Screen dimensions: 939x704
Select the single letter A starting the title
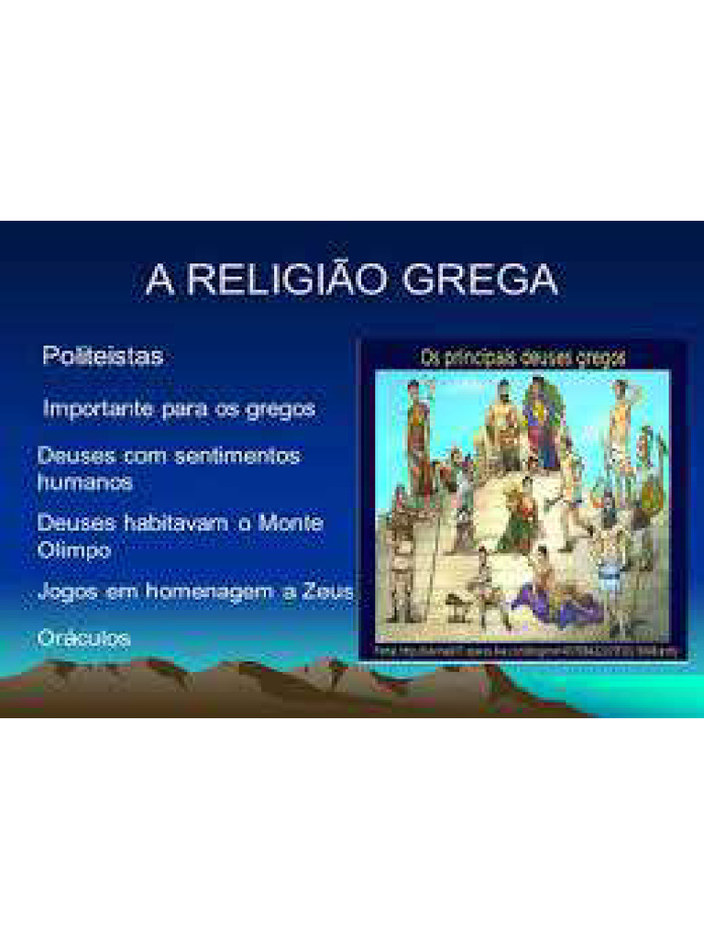tap(159, 280)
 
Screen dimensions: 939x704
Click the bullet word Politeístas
tap(103, 356)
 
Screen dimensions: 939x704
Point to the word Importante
tap(100, 409)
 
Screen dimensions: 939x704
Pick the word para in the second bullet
tap(184, 409)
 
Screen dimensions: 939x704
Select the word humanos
tap(85, 481)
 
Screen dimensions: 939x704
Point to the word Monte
tap(291, 524)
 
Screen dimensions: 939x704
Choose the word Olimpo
tap(74, 550)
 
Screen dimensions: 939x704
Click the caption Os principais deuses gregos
tap(522, 358)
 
